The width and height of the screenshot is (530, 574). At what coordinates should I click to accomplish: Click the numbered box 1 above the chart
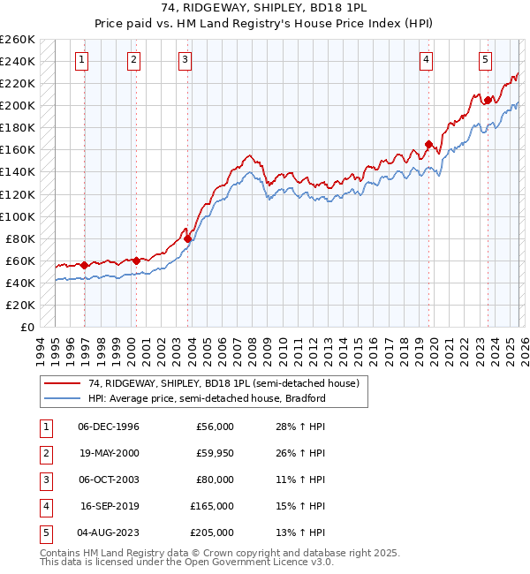click(81, 60)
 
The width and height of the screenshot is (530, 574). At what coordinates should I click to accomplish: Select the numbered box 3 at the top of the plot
click(185, 60)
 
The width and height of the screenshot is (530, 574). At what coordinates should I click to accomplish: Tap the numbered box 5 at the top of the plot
click(486, 60)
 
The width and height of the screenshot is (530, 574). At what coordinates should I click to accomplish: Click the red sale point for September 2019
click(428, 145)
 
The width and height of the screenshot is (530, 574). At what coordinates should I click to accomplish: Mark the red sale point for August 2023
click(488, 101)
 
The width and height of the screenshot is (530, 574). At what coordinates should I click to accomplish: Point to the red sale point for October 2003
click(188, 238)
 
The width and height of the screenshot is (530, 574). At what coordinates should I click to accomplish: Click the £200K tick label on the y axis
click(18, 105)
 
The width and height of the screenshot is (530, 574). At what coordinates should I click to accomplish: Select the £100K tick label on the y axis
click(18, 216)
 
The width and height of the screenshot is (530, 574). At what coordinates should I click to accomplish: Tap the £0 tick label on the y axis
click(26, 327)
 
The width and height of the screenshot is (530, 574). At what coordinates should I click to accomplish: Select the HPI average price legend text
click(207, 398)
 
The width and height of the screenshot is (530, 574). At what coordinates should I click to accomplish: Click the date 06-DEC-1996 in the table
click(109, 427)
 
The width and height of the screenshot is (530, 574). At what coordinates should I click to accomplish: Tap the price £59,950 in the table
click(215, 453)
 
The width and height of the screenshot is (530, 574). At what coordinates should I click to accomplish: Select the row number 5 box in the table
click(45, 532)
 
